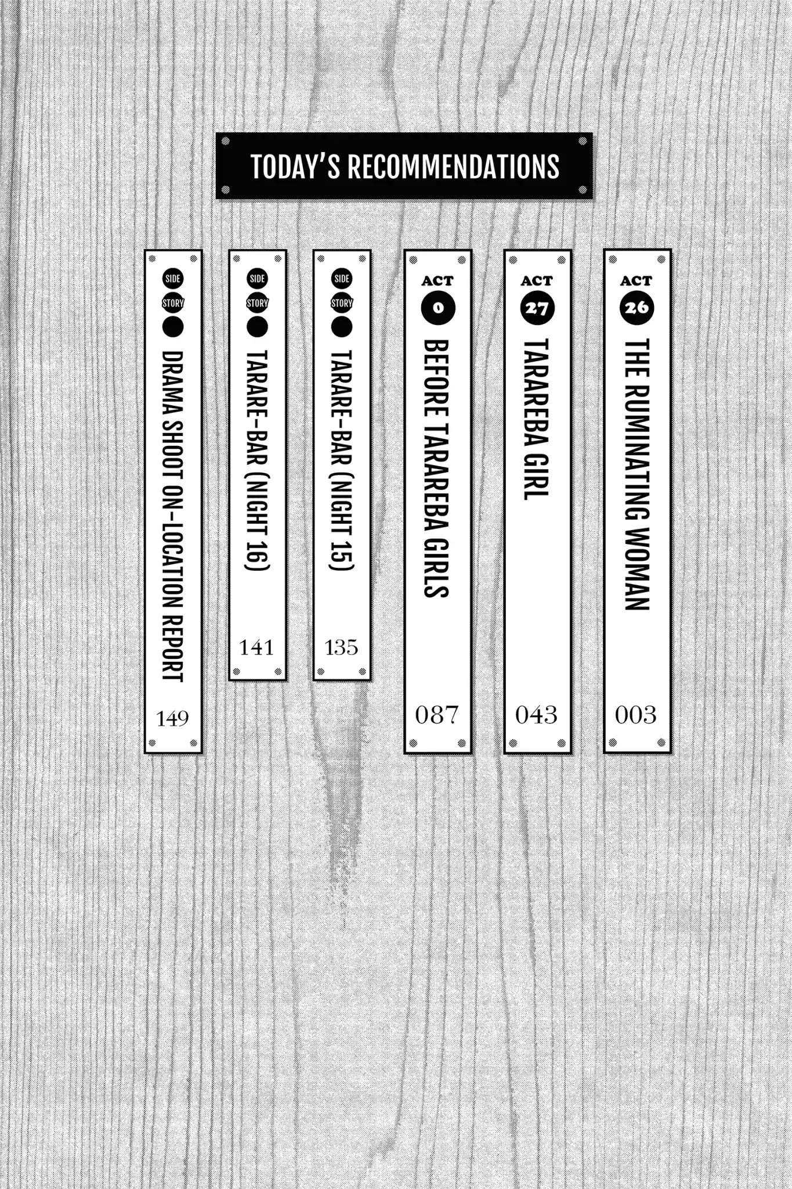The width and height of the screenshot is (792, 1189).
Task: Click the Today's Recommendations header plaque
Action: click(x=404, y=166)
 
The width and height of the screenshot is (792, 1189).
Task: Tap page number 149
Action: click(x=172, y=719)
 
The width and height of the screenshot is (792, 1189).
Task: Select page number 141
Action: click(x=256, y=647)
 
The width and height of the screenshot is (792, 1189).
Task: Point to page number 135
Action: click(x=341, y=647)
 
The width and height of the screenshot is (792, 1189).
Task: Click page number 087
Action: click(x=437, y=715)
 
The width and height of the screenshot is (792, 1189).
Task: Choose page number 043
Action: click(x=537, y=715)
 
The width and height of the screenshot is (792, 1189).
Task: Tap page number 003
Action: click(x=636, y=715)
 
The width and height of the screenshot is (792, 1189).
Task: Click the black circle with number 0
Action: click(x=438, y=308)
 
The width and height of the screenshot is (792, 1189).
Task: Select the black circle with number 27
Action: click(x=537, y=308)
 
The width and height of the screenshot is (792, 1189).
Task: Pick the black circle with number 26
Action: click(x=637, y=308)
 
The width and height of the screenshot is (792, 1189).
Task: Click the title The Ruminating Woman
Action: click(x=637, y=474)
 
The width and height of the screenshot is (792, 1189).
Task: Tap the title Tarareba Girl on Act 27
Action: click(x=537, y=419)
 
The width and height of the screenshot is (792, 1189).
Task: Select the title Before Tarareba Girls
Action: click(x=437, y=469)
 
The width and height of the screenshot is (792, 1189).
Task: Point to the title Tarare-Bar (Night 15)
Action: click(x=342, y=460)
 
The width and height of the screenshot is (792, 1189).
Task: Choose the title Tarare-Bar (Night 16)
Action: click(x=257, y=460)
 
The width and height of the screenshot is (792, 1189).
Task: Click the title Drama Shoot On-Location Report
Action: click(x=173, y=516)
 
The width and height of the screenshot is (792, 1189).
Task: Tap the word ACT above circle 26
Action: click(x=636, y=281)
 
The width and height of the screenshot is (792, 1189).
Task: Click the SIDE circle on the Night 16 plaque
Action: click(x=257, y=279)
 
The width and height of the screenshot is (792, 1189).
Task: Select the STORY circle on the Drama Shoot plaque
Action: click(x=173, y=303)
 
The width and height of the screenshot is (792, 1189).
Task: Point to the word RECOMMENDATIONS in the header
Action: click(x=453, y=167)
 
